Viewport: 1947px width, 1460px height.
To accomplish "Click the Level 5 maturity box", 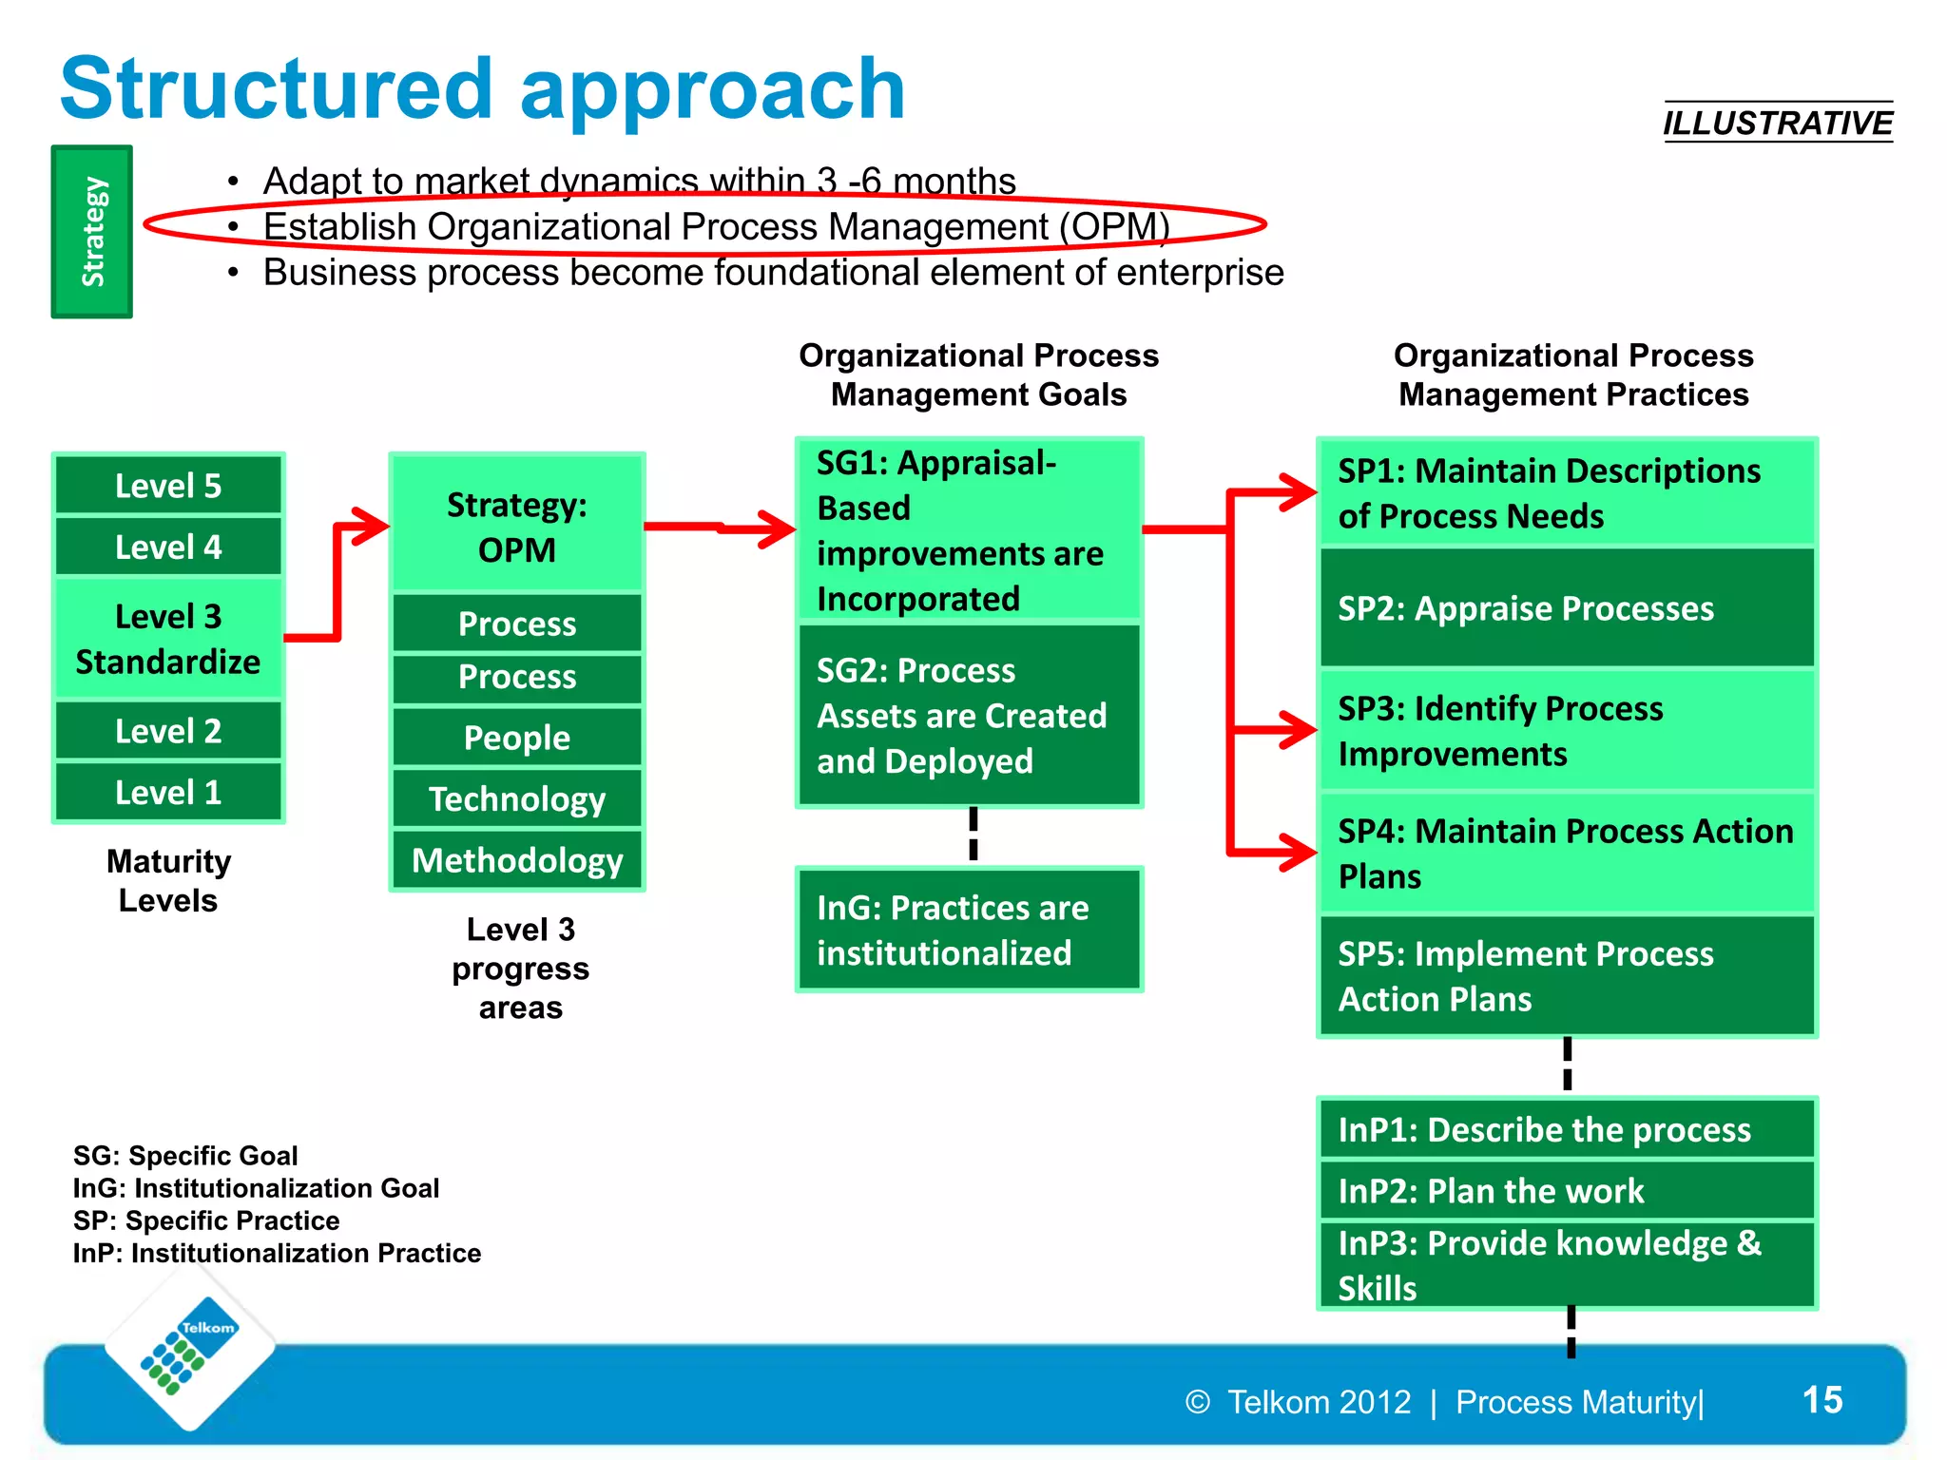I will (168, 486).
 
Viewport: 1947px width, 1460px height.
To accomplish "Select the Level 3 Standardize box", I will (168, 639).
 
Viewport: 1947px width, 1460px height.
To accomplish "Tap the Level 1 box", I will (168, 792).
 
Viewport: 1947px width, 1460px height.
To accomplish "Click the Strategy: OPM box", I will (517, 527).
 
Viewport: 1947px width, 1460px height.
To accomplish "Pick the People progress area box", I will (517, 738).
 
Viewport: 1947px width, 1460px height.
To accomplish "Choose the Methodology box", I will (517, 860).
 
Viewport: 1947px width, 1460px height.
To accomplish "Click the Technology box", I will (517, 799).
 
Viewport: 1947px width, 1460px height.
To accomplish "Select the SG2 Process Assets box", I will (968, 716).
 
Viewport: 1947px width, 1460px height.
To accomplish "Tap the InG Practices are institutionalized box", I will (968, 930).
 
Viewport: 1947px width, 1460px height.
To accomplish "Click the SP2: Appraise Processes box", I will (1567, 608).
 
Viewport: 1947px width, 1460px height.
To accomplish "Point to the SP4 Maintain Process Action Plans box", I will (1567, 853).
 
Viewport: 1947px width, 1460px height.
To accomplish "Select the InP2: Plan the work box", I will (1567, 1191).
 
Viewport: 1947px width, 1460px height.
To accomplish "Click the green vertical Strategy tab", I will (92, 232).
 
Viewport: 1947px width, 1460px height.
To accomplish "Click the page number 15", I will (1822, 1400).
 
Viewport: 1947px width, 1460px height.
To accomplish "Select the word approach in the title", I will (712, 90).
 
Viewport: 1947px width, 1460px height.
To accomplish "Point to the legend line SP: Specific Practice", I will (206, 1220).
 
